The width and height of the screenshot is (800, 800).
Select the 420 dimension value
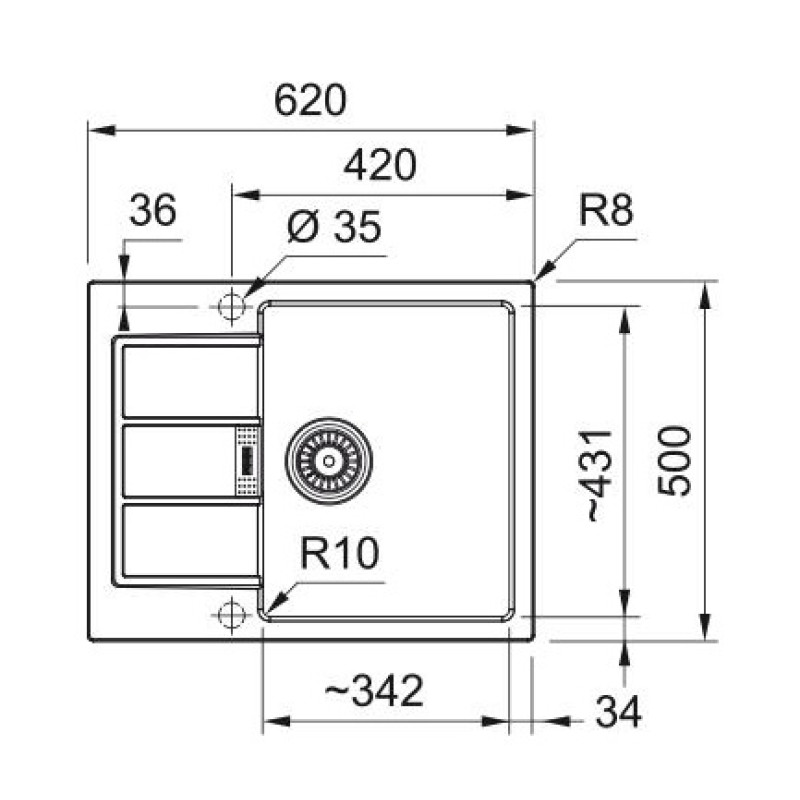click(379, 165)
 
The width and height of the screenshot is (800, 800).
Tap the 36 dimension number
click(153, 211)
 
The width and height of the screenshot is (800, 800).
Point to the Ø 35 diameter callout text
click(333, 228)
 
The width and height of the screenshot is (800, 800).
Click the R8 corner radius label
click(605, 212)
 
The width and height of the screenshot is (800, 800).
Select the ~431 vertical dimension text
click(598, 475)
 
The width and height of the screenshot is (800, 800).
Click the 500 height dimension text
click(677, 460)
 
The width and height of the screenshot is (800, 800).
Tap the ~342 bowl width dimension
click(374, 689)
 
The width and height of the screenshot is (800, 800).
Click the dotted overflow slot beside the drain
click(246, 460)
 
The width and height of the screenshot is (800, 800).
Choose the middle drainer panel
click(178, 460)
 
